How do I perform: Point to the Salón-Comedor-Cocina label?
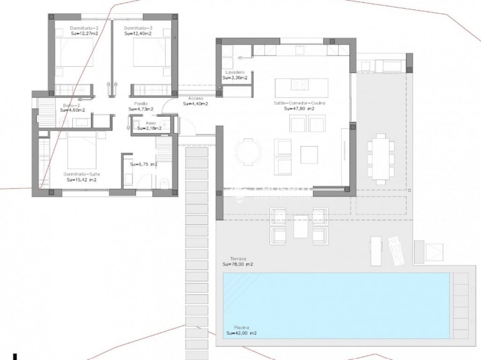tap(300, 103)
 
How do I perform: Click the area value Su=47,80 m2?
tap(299, 108)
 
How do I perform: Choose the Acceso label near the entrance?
tap(195, 98)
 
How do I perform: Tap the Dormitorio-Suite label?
tap(81, 174)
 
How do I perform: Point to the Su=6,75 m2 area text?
tap(143, 165)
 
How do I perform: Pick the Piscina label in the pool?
tap(241, 328)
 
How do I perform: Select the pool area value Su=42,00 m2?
tap(241, 333)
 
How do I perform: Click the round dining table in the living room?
tap(248, 151)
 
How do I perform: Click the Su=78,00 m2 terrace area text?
tap(238, 264)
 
